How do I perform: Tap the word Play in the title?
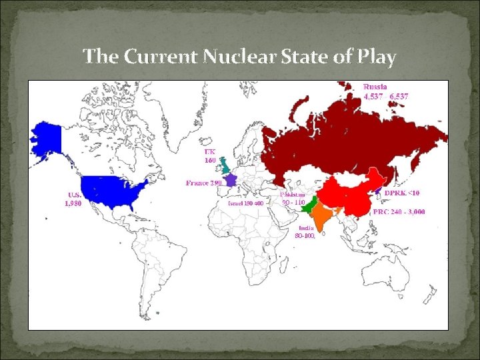tap(375, 57)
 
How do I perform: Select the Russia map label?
tap(374, 86)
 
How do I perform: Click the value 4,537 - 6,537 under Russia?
tap(385, 96)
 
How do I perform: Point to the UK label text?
tap(209, 152)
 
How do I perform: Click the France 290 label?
tap(203, 182)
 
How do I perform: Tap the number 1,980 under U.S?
tap(73, 204)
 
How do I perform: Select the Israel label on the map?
tap(246, 203)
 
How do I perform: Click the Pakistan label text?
tap(293, 194)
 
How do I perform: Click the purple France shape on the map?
tap(231, 180)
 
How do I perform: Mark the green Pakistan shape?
tap(307, 207)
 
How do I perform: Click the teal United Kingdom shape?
tap(225, 163)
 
